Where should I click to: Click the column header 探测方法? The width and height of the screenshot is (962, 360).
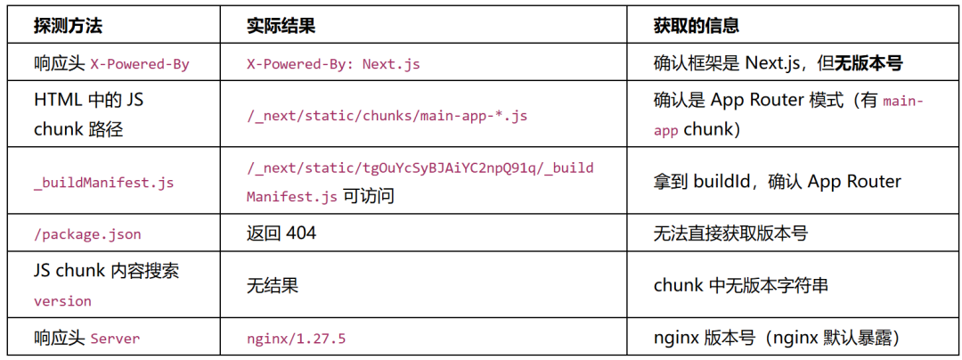click(68, 26)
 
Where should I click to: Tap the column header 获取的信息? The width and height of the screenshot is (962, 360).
click(696, 26)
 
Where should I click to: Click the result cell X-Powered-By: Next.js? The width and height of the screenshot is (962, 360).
click(333, 64)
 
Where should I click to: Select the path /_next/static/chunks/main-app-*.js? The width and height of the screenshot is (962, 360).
click(387, 117)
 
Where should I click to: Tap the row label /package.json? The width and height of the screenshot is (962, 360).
click(87, 234)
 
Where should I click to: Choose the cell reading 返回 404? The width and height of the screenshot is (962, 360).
click(281, 233)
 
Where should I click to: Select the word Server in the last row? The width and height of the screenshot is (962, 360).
click(115, 339)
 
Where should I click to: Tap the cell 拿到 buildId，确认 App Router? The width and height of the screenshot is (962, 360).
click(778, 182)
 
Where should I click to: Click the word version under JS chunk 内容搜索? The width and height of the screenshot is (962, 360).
click(62, 302)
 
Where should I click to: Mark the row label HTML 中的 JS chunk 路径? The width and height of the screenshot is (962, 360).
click(89, 116)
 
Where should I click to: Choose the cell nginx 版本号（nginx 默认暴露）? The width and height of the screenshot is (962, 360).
click(778, 338)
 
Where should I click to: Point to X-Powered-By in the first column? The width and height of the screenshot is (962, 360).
click(140, 64)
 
